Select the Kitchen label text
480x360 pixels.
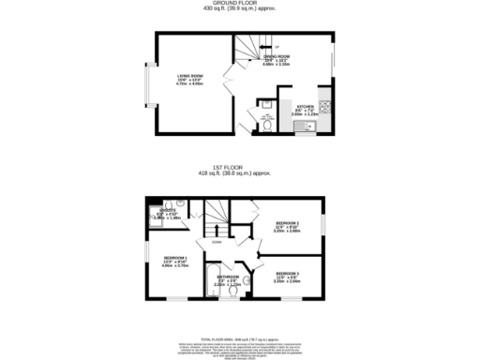[x=306, y=107]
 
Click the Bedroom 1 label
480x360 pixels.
[x=175, y=258]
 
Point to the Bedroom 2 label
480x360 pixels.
[x=287, y=225]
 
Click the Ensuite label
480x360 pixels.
[x=166, y=210]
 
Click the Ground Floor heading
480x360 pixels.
[x=239, y=4]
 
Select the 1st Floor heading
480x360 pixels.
[x=239, y=167]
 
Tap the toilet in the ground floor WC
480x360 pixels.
[x=266, y=130]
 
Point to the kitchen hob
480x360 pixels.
[x=324, y=104]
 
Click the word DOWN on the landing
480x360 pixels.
[x=217, y=242]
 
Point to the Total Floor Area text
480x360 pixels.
[x=240, y=337]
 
